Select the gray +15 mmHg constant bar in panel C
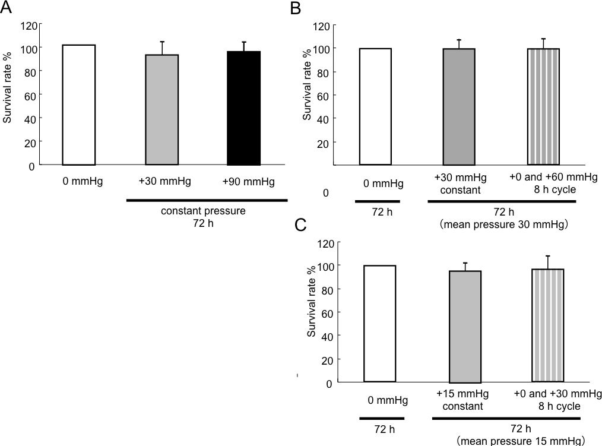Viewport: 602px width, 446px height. click(x=465, y=327)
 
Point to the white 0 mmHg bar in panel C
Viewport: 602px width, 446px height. click(x=379, y=324)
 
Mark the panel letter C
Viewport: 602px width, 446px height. click(x=300, y=226)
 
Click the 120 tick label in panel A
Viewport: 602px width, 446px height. click(x=27, y=26)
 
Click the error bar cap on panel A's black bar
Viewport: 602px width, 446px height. click(x=244, y=42)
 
